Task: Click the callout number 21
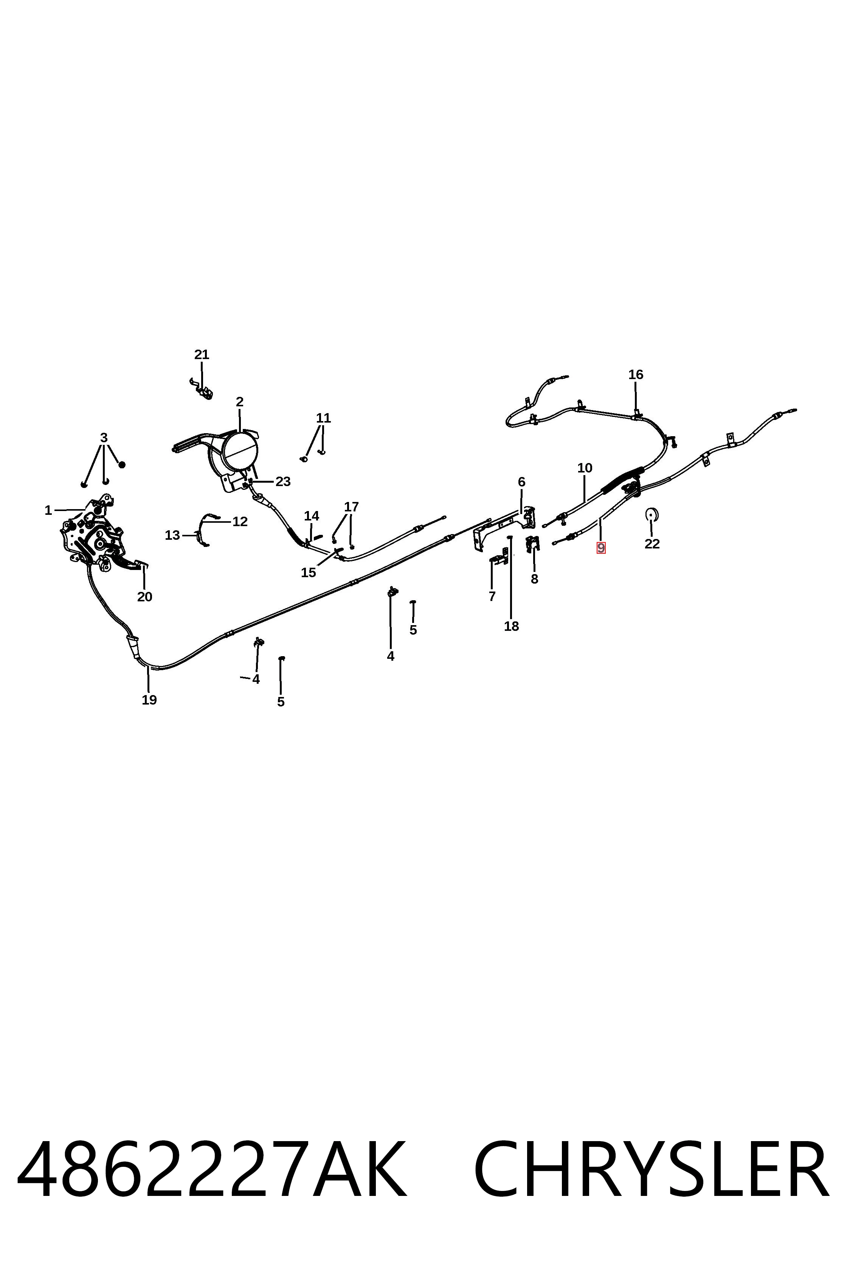pyautogui.click(x=202, y=355)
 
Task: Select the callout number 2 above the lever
pyautogui.click(x=240, y=402)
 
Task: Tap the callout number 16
pyautogui.click(x=636, y=375)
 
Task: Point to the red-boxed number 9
pyautogui.click(x=601, y=548)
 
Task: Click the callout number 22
pyautogui.click(x=652, y=544)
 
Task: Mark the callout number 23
pyautogui.click(x=283, y=482)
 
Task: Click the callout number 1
pyautogui.click(x=48, y=510)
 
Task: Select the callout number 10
pyautogui.click(x=585, y=468)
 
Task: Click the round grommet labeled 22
pyautogui.click(x=652, y=514)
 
